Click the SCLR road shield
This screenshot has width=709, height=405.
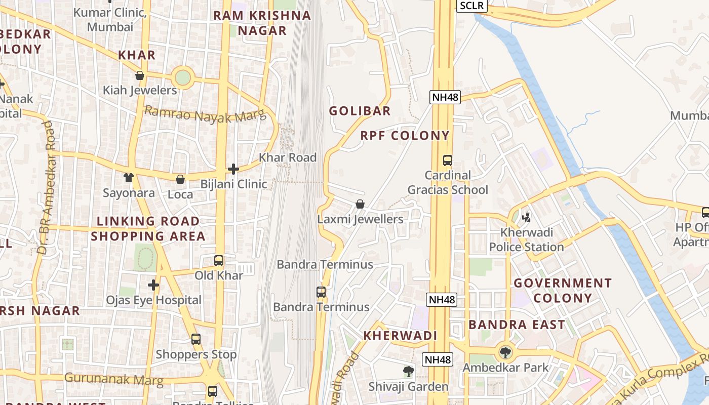[472, 6]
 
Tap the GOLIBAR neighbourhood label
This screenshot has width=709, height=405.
[360, 111]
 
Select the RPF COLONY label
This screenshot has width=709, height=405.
[405, 136]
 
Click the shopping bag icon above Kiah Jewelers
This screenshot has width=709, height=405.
[140, 76]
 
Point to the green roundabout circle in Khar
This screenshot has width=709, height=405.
[182, 78]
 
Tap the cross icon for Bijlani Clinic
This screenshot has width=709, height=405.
[233, 169]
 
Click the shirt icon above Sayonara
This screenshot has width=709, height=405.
[129, 178]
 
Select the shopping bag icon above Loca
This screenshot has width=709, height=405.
[180, 179]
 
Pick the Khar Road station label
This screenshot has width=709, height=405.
[288, 157]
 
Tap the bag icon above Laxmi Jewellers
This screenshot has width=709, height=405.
[360, 204]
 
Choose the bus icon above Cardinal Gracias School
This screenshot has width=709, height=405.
[448, 160]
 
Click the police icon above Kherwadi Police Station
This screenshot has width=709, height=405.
[526, 217]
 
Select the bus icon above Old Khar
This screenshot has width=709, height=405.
[219, 261]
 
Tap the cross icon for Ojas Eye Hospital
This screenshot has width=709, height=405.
[153, 285]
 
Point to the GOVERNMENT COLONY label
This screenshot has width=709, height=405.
[563, 290]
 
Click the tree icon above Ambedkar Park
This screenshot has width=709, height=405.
[505, 352]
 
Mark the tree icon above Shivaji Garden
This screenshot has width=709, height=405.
[408, 372]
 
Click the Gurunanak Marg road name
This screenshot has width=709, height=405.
[114, 379]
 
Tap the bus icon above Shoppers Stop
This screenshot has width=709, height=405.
[196, 339]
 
